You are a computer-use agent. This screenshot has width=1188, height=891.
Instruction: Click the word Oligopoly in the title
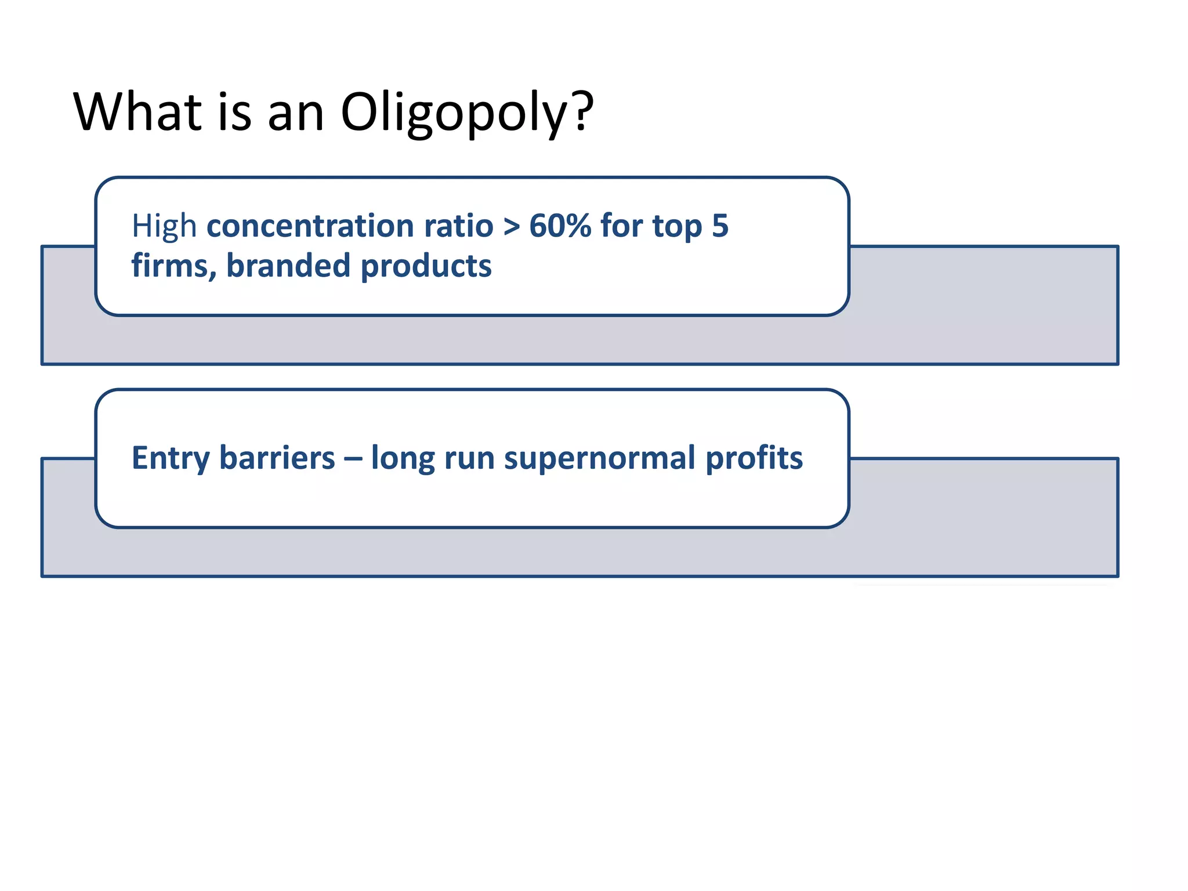point(452,113)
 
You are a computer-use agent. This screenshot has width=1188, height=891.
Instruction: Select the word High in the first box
point(164,227)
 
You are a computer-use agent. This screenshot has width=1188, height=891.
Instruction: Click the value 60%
point(560,226)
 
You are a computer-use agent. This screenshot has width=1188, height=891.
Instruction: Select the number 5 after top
point(720,226)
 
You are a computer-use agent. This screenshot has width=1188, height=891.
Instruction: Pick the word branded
point(288,266)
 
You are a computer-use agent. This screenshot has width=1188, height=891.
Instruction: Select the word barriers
point(277,458)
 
